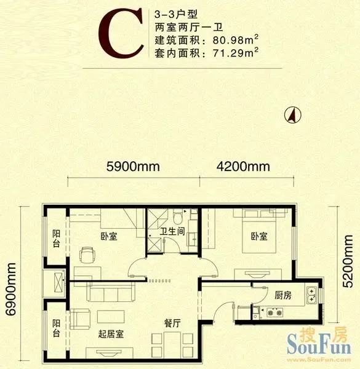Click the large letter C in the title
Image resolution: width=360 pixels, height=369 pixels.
(x=121, y=33)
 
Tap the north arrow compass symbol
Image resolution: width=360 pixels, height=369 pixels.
(x=292, y=115)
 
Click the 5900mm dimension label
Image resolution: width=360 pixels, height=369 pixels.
(x=133, y=167)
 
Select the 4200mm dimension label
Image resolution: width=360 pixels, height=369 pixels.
(x=243, y=167)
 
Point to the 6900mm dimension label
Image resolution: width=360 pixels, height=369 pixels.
(x=11, y=289)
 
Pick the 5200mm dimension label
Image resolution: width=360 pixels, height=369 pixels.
(x=348, y=261)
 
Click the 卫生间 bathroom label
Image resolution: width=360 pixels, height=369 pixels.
(x=172, y=232)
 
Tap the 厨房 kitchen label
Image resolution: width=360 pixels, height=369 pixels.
(x=283, y=295)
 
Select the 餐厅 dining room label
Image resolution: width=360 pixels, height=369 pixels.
(x=172, y=323)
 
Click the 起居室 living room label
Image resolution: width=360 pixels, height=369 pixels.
(x=111, y=334)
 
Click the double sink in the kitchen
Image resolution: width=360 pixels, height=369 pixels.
(x=311, y=295)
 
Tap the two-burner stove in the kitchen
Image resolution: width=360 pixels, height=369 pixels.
(x=274, y=312)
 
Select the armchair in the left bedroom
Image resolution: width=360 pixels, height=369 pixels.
(x=87, y=255)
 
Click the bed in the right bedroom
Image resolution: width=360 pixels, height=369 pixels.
(x=259, y=232)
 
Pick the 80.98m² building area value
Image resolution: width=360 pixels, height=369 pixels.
(x=236, y=40)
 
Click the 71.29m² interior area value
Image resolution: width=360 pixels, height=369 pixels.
(x=236, y=53)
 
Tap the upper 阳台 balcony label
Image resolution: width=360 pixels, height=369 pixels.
(x=56, y=239)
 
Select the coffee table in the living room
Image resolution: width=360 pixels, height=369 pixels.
(x=111, y=317)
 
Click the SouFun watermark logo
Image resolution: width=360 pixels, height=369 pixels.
(x=319, y=341)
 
